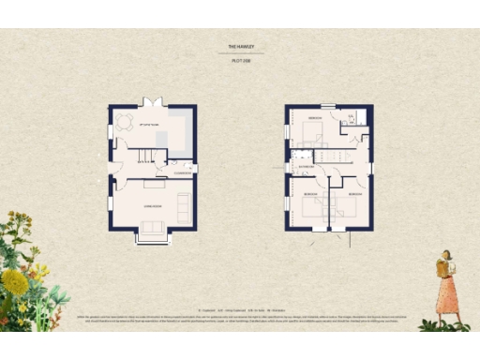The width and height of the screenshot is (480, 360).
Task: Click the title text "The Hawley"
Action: [241, 46]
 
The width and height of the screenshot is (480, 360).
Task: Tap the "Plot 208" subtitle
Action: [241, 60]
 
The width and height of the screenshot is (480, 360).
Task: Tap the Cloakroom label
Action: [182, 173]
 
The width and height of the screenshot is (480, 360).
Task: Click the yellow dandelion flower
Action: [16, 281]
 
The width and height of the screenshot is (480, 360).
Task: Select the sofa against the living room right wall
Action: [184, 206]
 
